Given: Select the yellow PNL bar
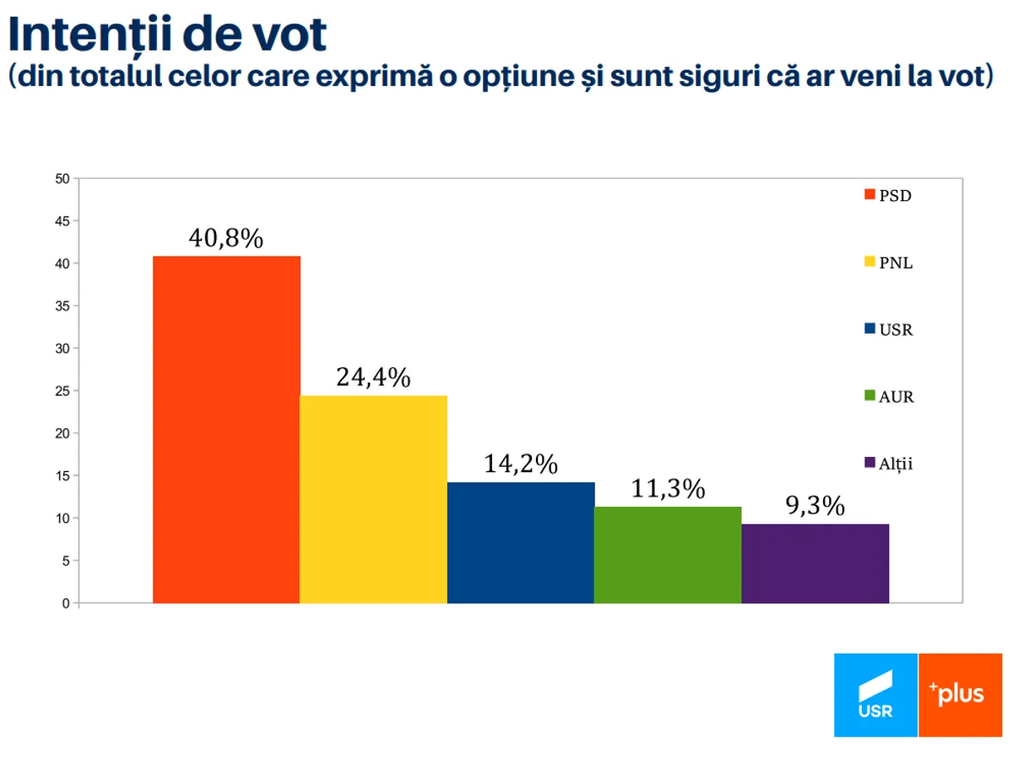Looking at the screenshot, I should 373,499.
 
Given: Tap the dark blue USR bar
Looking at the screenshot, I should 520,542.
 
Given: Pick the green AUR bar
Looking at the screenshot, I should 668,555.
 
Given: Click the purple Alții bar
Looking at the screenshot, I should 815,563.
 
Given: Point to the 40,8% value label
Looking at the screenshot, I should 225,239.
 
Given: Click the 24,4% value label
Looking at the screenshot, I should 373,377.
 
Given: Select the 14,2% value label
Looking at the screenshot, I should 521,464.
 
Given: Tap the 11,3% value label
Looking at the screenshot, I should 668,489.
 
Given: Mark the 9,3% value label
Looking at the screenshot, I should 815,506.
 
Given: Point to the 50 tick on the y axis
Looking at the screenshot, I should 62,179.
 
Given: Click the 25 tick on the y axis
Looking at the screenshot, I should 62,391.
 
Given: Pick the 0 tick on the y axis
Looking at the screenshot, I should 65,603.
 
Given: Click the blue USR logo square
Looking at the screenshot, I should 875,695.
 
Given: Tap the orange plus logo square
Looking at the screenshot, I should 960,695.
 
